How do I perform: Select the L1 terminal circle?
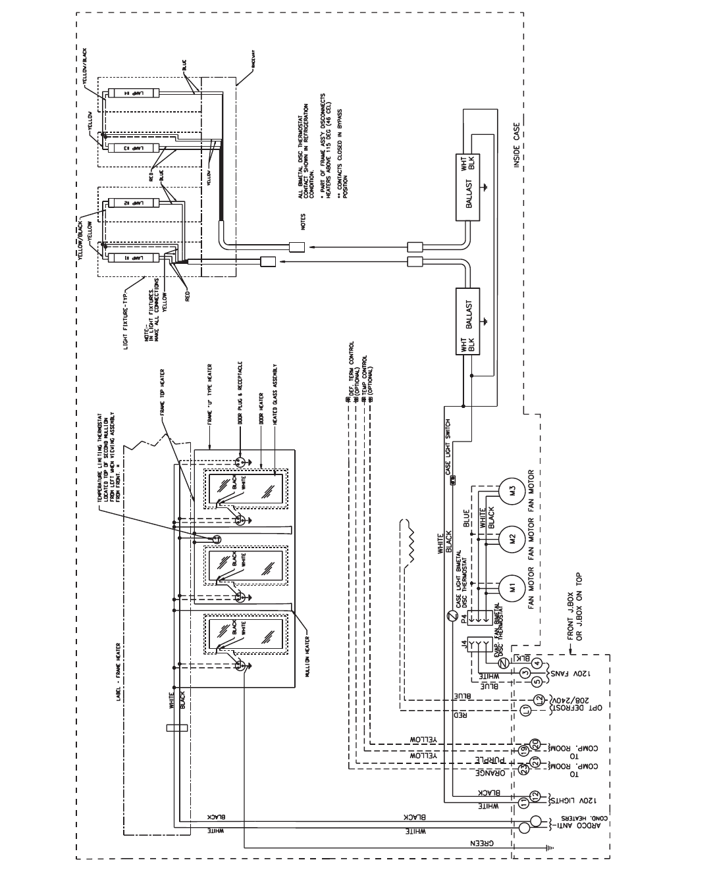point(525,709)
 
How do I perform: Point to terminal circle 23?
point(525,767)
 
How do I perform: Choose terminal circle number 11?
point(525,803)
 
